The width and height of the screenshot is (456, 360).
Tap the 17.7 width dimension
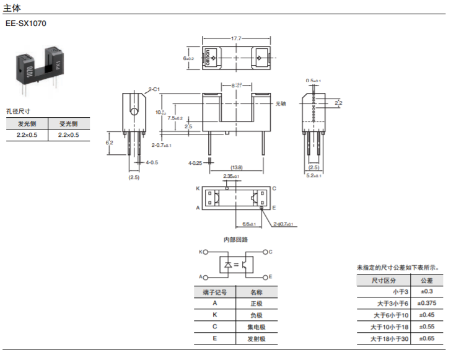click(236, 38)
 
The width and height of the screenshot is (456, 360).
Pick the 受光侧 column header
click(68, 123)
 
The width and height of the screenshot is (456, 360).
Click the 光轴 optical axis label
click(281, 103)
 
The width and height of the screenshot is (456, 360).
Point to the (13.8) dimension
click(236, 167)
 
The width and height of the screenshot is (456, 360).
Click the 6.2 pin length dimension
click(110, 143)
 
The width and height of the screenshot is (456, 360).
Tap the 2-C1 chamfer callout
click(154, 90)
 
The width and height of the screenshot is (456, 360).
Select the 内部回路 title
click(235, 239)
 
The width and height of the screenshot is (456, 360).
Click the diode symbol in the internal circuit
click(228, 265)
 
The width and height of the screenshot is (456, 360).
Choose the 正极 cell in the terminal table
click(256, 304)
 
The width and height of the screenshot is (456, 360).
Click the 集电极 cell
click(256, 327)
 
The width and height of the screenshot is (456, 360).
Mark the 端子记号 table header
click(214, 292)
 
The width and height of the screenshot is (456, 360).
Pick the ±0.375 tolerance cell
click(428, 304)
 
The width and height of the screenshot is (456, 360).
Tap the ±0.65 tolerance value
click(428, 339)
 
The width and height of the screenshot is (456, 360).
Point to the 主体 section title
click(12, 8)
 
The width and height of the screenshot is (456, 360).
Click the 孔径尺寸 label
click(19, 112)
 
